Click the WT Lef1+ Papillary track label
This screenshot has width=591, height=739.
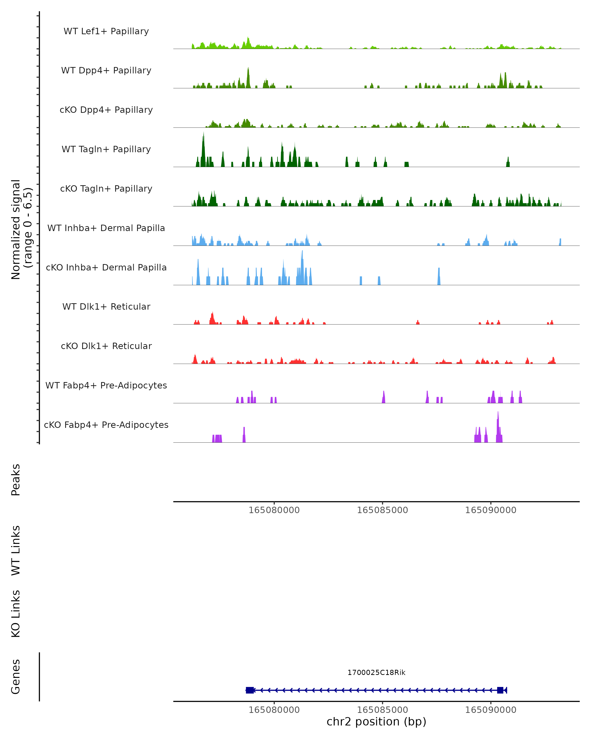point(106,31)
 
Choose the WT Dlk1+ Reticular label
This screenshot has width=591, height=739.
point(106,306)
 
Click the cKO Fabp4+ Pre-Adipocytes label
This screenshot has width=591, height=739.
point(106,425)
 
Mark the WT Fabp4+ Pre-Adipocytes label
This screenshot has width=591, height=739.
point(106,385)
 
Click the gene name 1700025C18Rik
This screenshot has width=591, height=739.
point(376,672)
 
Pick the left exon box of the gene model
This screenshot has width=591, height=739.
point(250,690)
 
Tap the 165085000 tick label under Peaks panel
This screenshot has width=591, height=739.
point(382,510)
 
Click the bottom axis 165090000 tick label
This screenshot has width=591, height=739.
point(490,710)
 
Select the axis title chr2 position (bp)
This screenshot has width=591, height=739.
point(376,722)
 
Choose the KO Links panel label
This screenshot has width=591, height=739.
point(16,614)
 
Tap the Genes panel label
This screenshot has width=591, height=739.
point(16,677)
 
